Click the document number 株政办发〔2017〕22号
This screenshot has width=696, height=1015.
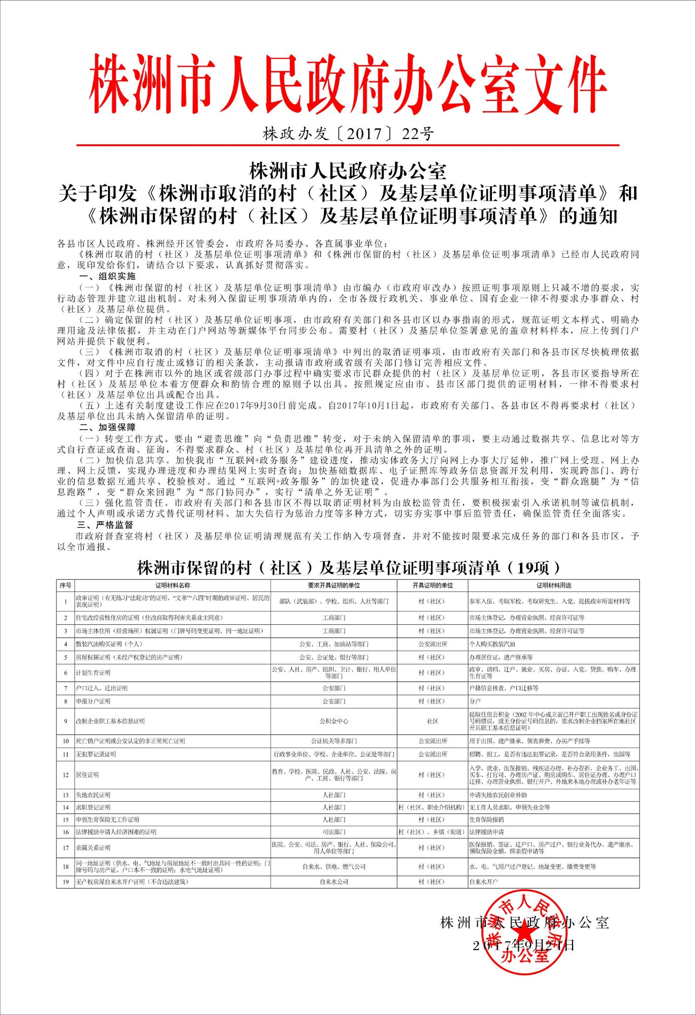pos(348,133)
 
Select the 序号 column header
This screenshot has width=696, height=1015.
pos(65,585)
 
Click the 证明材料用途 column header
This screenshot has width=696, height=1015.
pos(553,585)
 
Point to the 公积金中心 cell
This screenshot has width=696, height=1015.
pos(334,721)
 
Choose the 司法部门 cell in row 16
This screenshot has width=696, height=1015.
pos(334,832)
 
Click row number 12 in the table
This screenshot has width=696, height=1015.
pos(65,775)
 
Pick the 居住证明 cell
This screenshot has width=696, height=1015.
pos(87,775)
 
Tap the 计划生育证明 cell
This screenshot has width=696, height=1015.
pos(93,672)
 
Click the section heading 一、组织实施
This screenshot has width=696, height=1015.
pos(107,276)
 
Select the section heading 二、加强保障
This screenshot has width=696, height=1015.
pos(107,427)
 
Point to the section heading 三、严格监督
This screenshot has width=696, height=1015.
pos(105,524)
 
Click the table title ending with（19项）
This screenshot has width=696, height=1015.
pos(348,567)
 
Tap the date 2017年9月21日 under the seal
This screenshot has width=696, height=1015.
pos(523,945)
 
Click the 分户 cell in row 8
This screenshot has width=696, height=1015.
pos(475,701)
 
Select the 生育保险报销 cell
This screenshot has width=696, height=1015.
pos(486,819)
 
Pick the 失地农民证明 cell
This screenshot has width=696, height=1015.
pos(93,795)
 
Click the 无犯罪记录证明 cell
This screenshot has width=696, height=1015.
pos(96,754)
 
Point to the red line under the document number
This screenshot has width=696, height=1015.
pos(348,145)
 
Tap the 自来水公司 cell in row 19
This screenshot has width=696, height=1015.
pos(334,882)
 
